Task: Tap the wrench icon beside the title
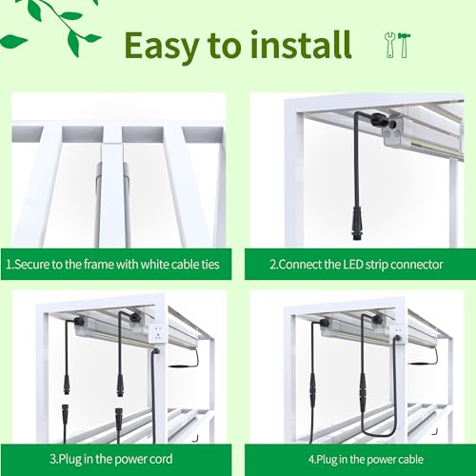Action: click(390, 45)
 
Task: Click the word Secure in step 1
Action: click(31, 265)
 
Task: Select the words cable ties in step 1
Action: click(195, 265)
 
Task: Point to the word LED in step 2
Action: click(353, 265)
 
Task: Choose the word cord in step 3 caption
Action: click(160, 459)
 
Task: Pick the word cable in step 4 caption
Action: click(408, 459)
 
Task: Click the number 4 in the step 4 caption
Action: click(311, 459)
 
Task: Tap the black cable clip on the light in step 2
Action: click(378, 119)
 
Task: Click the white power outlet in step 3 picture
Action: click(158, 333)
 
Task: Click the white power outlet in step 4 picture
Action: click(398, 333)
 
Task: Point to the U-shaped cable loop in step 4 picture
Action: click(379, 434)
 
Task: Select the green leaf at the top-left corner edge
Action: click(12, 42)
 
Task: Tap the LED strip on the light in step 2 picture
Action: click(438, 149)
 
